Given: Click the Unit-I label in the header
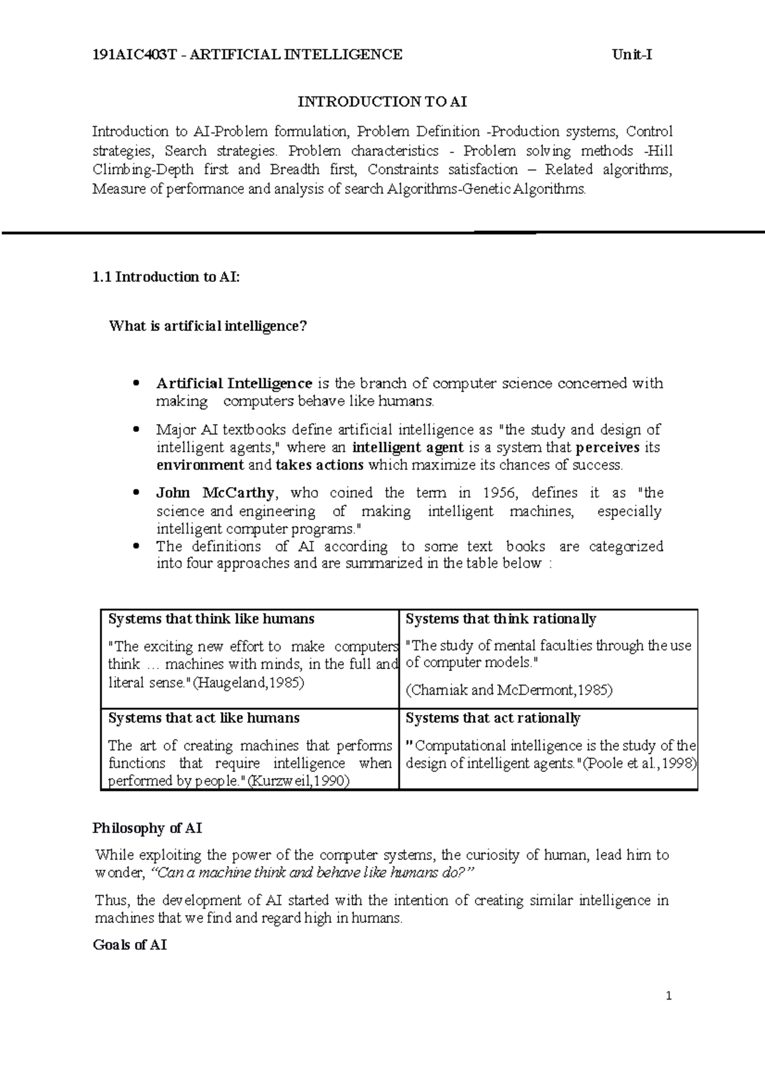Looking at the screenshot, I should [x=632, y=55].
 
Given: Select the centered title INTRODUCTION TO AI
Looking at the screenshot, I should [x=382, y=101].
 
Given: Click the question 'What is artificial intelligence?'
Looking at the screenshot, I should [x=208, y=327].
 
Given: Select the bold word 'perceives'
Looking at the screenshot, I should [x=608, y=448].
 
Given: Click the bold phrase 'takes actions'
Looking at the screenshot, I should [x=319, y=465].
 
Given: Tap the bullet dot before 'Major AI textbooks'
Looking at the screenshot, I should [x=135, y=430].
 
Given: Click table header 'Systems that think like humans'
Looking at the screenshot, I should [x=211, y=619].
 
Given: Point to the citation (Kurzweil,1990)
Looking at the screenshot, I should [x=298, y=781].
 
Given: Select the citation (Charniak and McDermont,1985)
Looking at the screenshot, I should [x=509, y=690].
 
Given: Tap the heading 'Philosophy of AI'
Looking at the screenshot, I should [x=147, y=829].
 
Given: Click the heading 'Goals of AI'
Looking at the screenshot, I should [x=130, y=945].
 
